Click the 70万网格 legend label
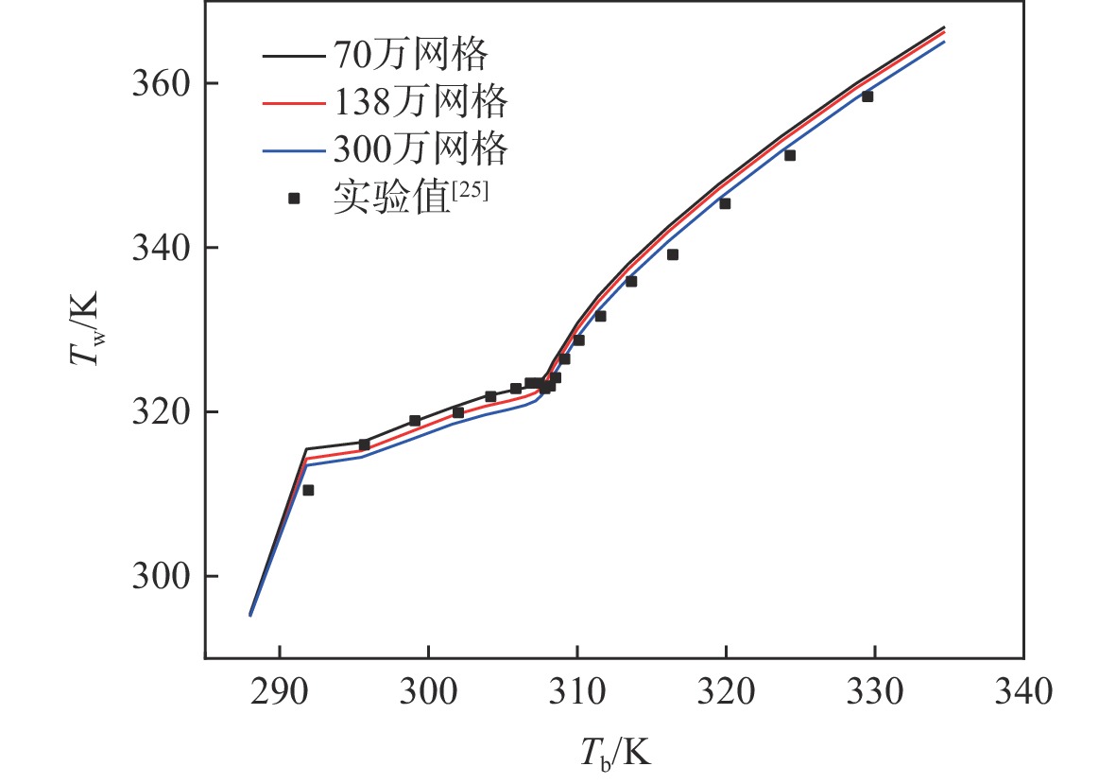409,55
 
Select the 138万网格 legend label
420,100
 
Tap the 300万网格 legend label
420,148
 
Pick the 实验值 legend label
389,198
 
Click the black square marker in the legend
294,199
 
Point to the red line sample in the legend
293,101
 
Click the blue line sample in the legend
293,149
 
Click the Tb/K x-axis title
614,753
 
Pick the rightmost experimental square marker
867,96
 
